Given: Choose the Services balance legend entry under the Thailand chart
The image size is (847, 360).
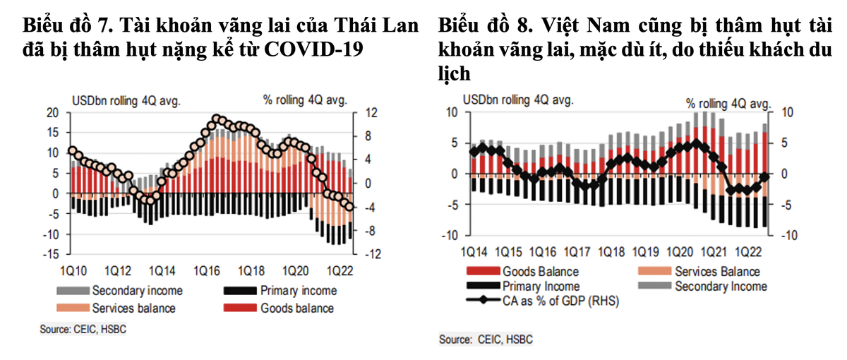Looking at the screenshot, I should (133, 308).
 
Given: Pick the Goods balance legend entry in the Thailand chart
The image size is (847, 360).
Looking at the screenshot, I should (296, 308).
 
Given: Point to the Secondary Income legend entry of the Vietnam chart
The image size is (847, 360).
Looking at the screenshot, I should (720, 287).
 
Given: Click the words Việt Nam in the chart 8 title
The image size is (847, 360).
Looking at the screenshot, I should (571, 27).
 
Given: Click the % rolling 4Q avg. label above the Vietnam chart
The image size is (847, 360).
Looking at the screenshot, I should (727, 104).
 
